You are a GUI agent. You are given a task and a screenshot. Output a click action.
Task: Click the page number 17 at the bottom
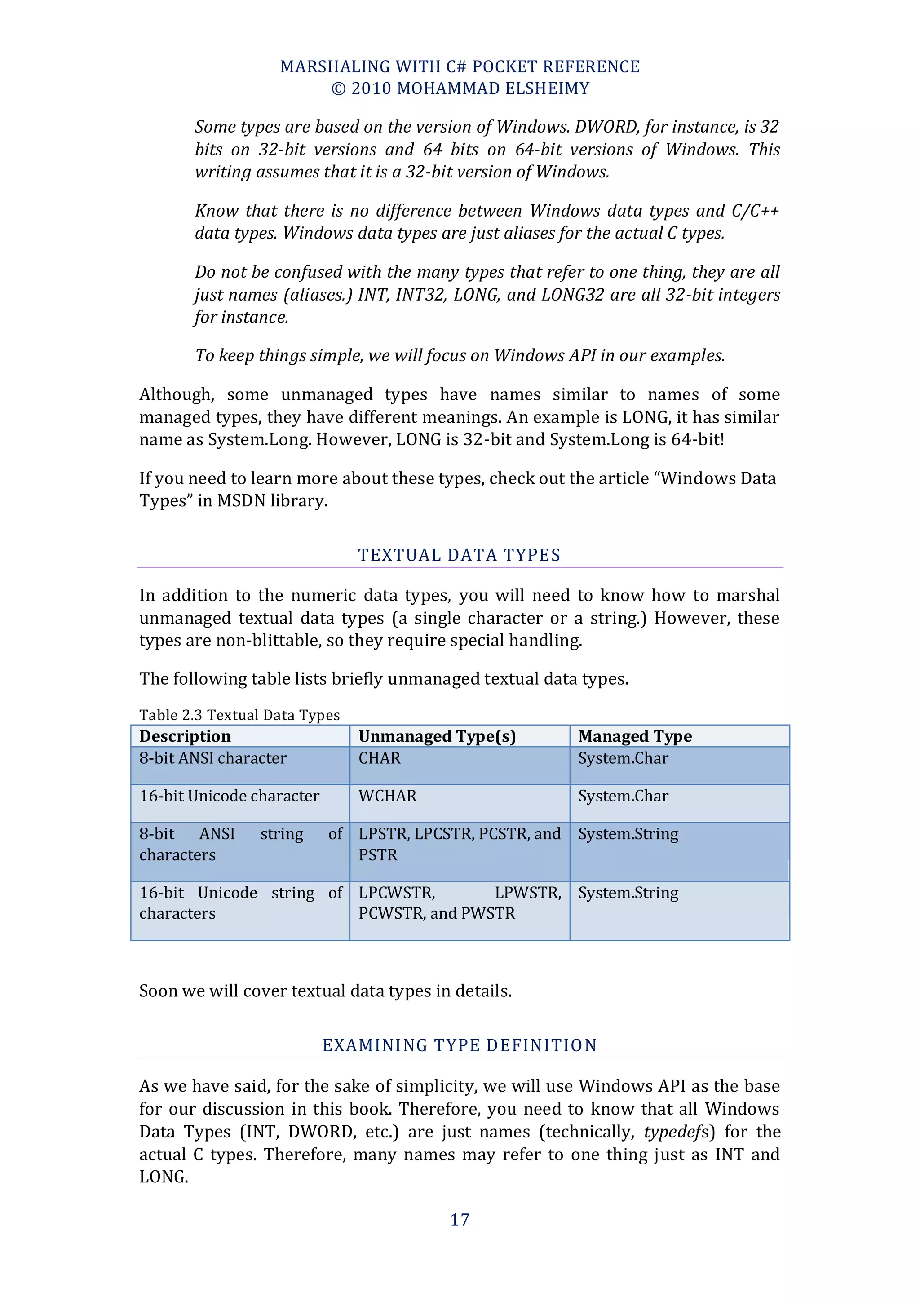point(460,1219)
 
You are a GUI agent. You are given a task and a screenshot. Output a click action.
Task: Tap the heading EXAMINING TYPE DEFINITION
point(460,1045)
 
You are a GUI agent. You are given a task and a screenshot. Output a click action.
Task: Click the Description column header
point(185,736)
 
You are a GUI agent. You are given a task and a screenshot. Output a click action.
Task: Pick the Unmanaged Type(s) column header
point(437,736)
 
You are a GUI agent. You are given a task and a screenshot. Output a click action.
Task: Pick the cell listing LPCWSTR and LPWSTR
point(460,903)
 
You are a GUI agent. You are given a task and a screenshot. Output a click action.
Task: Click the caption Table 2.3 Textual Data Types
point(239,715)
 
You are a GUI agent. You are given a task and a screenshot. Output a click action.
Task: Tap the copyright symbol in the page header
point(338,89)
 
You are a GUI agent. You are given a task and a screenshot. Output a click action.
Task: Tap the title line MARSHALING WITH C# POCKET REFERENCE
point(460,67)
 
